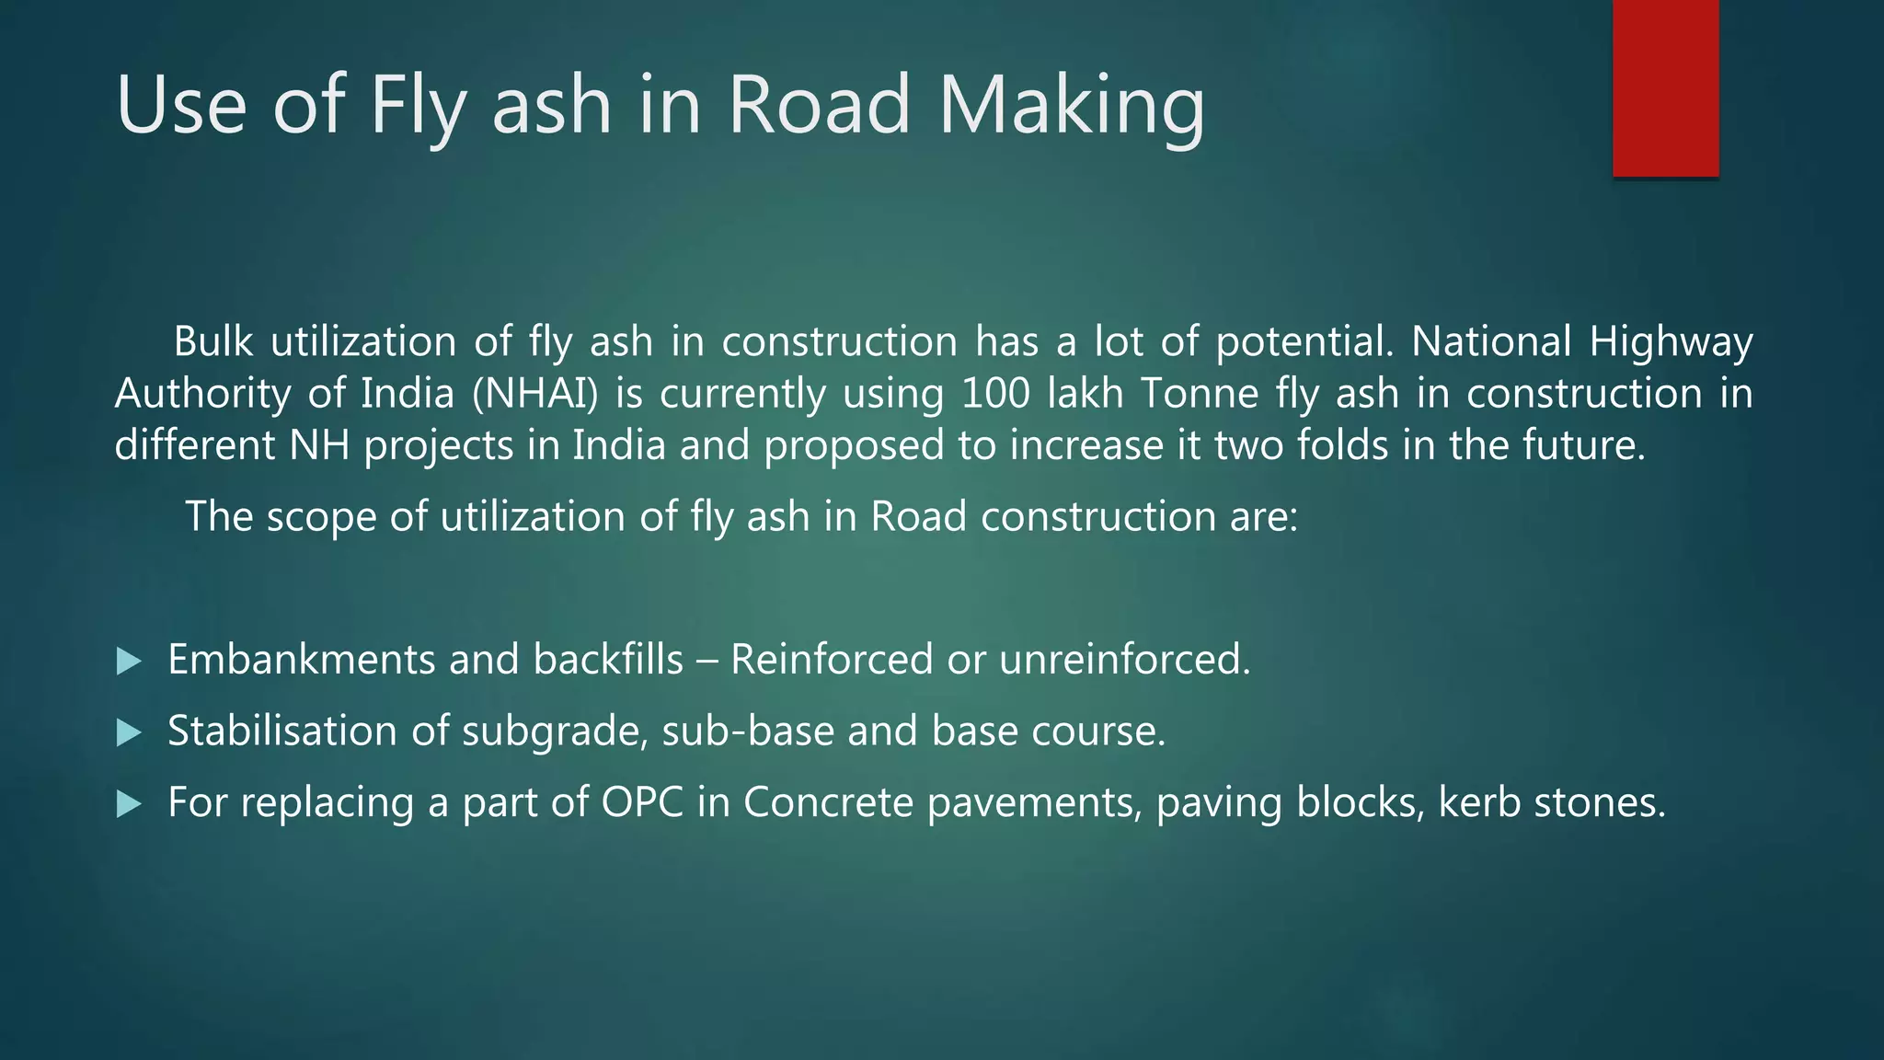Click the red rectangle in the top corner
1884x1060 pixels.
coord(1665,88)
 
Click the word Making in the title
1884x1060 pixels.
coord(1071,105)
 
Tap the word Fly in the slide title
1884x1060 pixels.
coord(419,105)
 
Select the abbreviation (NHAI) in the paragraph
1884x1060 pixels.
coord(534,394)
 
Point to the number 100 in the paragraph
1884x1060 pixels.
coord(996,394)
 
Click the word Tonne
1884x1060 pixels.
coord(1200,394)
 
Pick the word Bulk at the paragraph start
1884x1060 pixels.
coord(213,342)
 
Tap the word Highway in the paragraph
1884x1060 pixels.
coord(1671,342)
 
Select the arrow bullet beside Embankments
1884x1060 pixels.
coord(130,661)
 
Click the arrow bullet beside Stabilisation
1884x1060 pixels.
coord(130,732)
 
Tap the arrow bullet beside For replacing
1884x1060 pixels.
coord(130,804)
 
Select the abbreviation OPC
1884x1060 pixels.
coord(642,802)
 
